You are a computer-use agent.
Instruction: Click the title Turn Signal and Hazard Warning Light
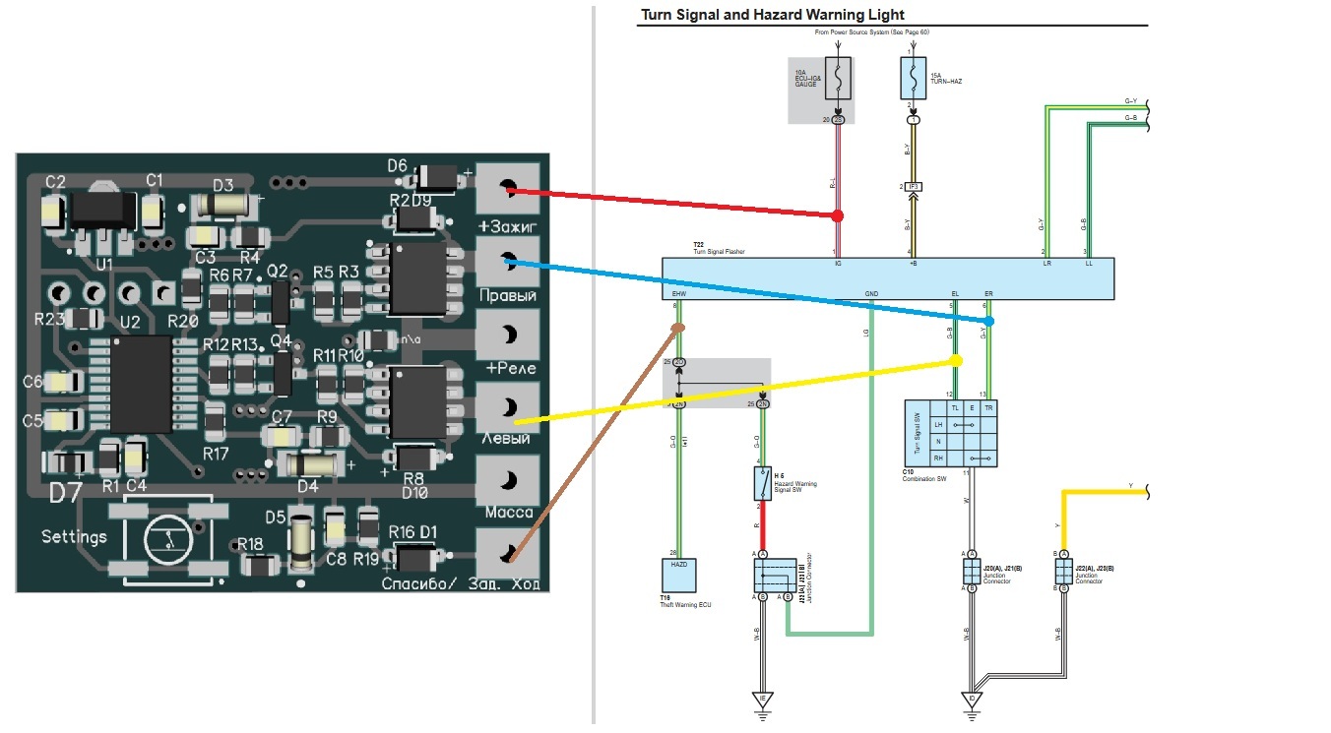(772, 15)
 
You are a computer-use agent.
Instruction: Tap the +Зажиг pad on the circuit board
(509, 188)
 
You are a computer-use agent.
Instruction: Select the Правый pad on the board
(509, 261)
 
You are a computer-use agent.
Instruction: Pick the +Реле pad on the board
(509, 336)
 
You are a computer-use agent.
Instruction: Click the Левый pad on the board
(509, 407)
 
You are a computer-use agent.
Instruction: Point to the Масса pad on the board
(509, 481)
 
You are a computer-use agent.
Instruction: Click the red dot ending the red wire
(838, 214)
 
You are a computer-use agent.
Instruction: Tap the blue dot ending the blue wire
(988, 321)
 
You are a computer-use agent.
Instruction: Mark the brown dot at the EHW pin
(678, 329)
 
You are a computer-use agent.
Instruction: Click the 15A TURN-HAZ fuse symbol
(914, 78)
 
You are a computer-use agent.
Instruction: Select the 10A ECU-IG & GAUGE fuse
(838, 79)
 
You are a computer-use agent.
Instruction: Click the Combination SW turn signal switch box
(950, 434)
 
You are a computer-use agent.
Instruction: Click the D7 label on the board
(66, 492)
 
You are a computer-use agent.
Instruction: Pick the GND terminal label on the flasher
(871, 293)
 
